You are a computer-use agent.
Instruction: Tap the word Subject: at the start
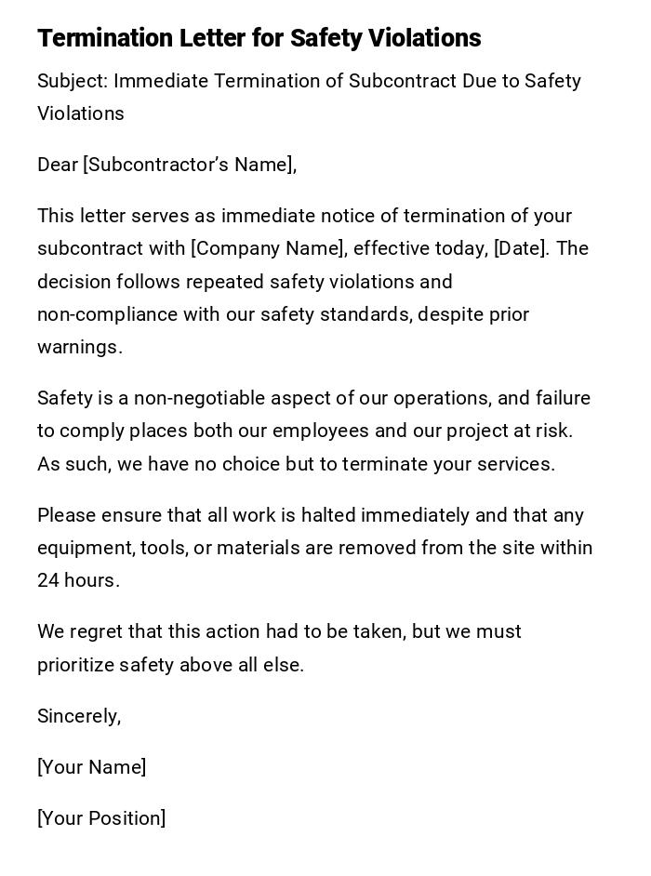(72, 81)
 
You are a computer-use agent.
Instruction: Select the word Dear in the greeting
(58, 165)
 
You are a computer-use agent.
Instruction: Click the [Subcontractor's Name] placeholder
(190, 165)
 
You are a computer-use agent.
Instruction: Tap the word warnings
(79, 347)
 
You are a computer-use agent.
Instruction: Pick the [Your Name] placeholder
(91, 767)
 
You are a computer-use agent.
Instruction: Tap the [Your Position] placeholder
(101, 818)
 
